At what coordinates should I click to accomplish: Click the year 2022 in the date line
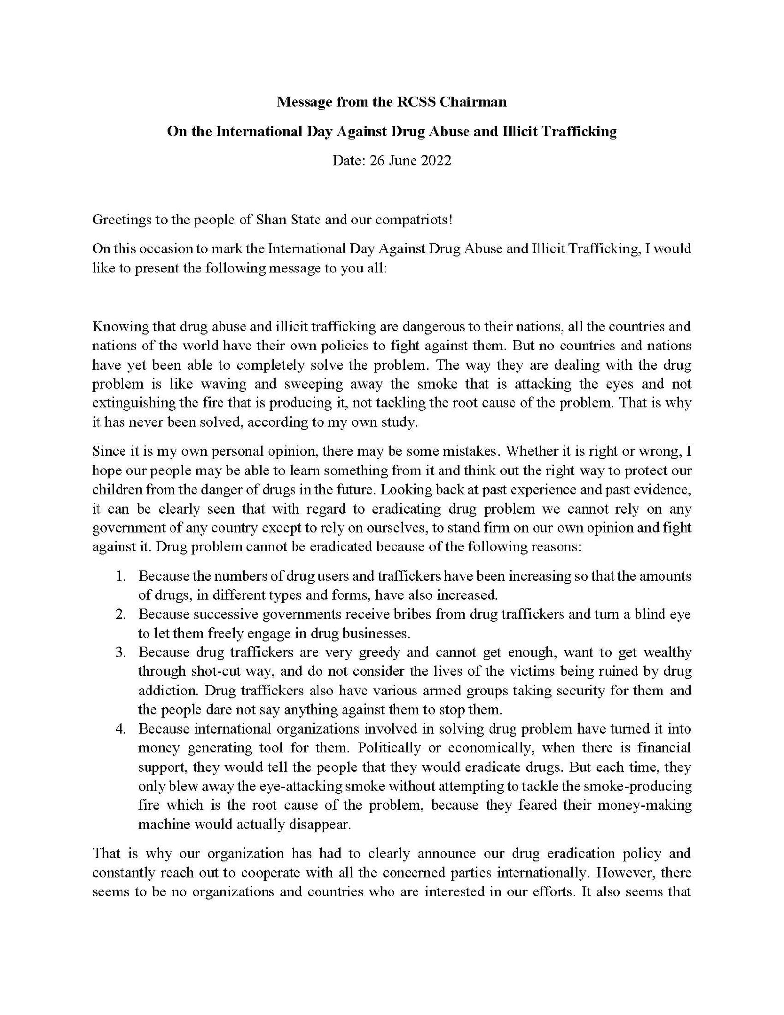click(435, 161)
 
